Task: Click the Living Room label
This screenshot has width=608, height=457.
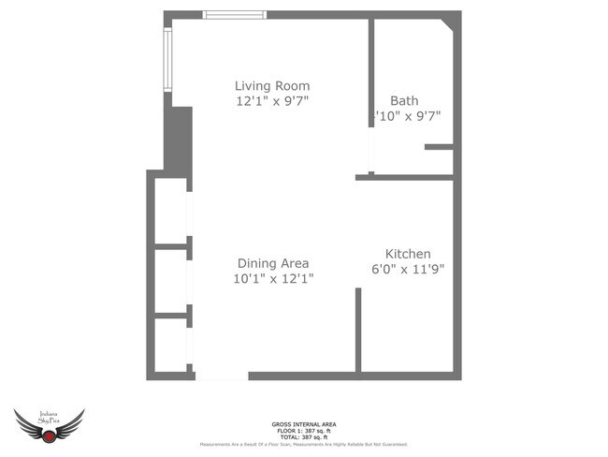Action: click(272, 86)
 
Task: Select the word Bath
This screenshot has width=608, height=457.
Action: click(404, 100)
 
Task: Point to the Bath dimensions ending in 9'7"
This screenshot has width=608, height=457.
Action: click(407, 115)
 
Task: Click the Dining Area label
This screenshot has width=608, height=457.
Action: click(272, 263)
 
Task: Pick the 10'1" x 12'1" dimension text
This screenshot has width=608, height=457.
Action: click(272, 278)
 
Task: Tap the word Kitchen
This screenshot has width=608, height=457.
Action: click(408, 254)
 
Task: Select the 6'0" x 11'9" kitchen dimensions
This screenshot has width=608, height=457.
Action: click(408, 269)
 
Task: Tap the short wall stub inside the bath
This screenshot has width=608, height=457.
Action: click(439, 147)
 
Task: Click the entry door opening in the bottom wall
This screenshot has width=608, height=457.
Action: click(222, 376)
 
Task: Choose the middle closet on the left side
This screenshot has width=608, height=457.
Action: click(169, 279)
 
